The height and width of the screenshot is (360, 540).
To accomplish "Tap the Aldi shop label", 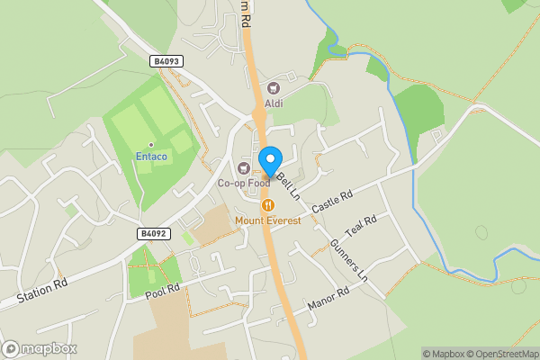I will (x=274, y=103).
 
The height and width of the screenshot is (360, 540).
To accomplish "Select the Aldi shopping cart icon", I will (x=274, y=88).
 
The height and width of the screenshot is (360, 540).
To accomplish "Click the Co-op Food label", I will (x=244, y=183).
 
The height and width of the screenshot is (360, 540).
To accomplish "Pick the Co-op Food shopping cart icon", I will (x=243, y=167).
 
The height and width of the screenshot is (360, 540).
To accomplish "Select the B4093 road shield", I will (x=167, y=61).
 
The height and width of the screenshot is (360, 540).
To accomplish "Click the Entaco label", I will (x=151, y=157).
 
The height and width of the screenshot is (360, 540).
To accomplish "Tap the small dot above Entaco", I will (x=151, y=144).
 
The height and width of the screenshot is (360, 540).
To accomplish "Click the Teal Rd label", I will (x=360, y=225).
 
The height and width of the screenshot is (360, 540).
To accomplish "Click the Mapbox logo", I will (x=40, y=348).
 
